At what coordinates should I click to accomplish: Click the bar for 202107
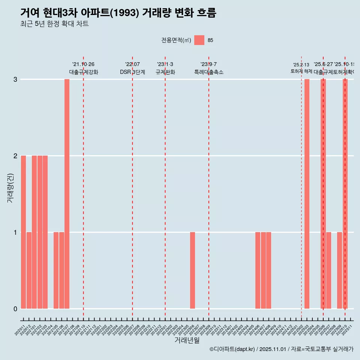(67, 194)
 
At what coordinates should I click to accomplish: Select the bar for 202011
(23, 232)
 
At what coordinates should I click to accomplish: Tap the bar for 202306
(192, 270)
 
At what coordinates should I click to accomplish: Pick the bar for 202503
(307, 194)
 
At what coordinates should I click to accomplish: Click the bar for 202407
(263, 270)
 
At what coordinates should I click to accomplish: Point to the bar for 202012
(29, 270)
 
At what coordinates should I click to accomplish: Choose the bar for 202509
(339, 270)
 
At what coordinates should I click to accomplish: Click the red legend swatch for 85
(199, 40)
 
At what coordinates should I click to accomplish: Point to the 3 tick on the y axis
(15, 79)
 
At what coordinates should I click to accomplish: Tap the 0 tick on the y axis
(15, 309)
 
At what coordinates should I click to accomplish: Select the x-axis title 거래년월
(187, 340)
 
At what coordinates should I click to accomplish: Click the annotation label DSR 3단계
(132, 72)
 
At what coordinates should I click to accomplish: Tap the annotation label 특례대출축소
(209, 72)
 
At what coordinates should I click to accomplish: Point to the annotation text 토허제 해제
(301, 71)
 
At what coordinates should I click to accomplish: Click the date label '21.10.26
(83, 64)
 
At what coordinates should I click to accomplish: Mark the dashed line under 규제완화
(165, 187)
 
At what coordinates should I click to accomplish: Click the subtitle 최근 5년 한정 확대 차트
(54, 24)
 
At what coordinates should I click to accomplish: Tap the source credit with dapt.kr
(281, 349)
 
